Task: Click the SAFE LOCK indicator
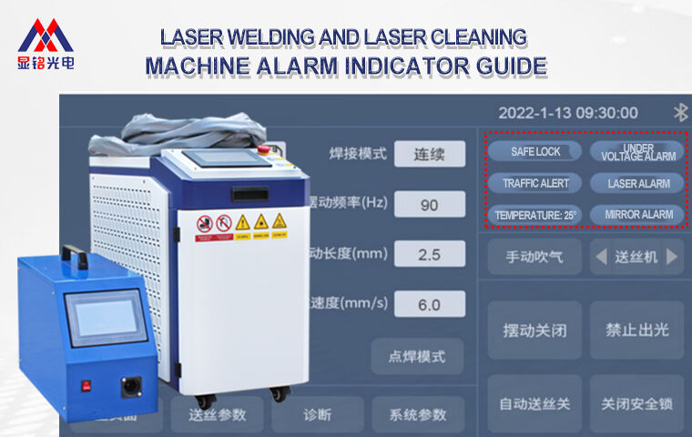[535, 151]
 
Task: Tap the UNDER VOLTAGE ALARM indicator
[637, 151]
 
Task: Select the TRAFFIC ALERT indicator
[535, 183]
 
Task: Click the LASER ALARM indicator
[637, 183]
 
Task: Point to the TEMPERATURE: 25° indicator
[535, 215]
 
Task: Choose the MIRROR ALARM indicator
[637, 215]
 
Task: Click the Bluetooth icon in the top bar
[680, 112]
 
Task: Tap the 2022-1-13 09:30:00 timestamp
[567, 113]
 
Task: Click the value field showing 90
[429, 204]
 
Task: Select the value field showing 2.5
[429, 254]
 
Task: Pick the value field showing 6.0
[429, 304]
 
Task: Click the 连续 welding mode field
[429, 154]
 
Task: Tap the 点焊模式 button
[417, 356]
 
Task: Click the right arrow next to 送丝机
[672, 257]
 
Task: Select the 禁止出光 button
[637, 330]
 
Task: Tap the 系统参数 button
[418, 414]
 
